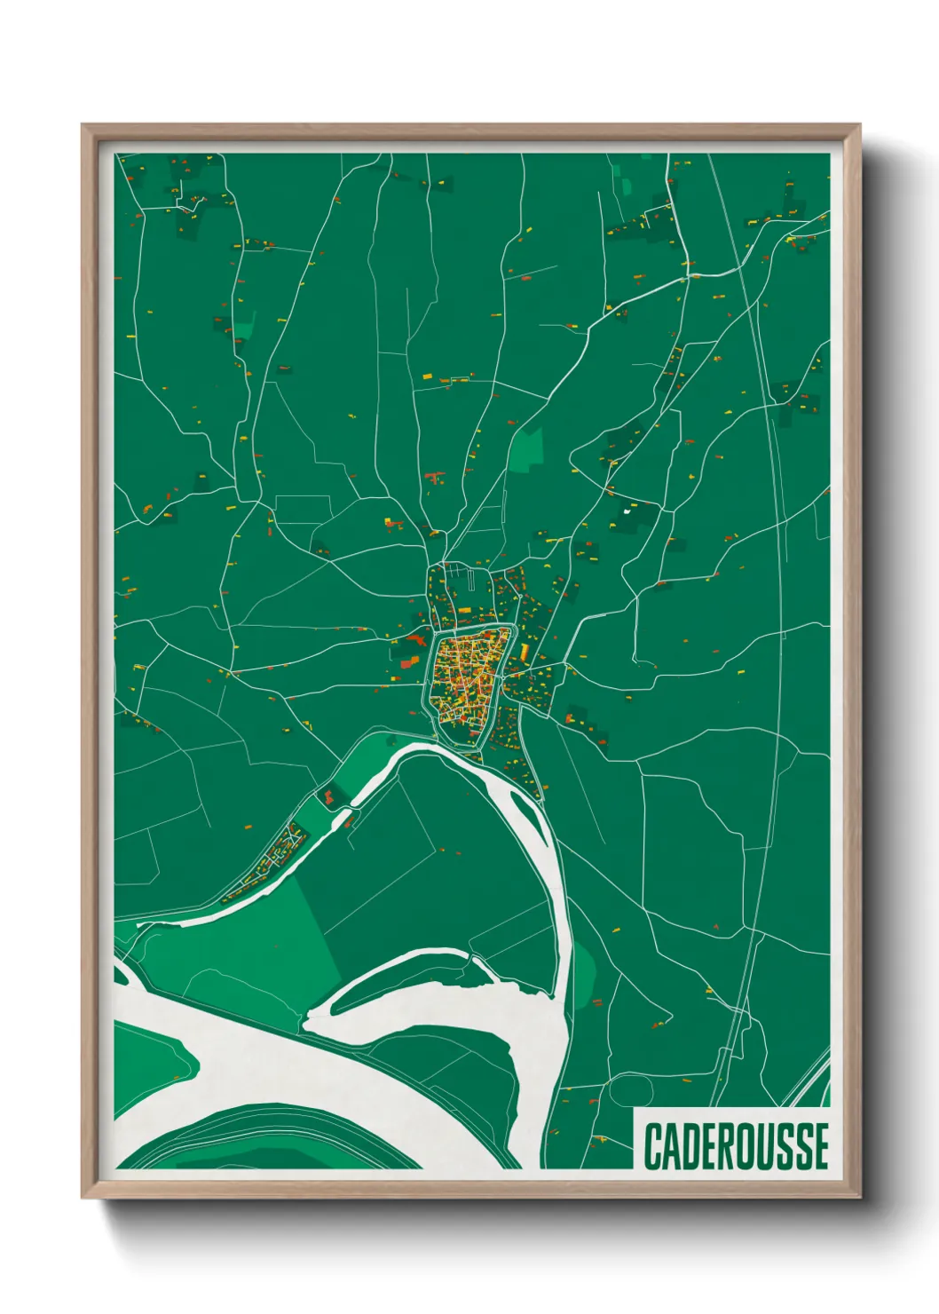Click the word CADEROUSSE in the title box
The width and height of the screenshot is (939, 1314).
coord(736,1146)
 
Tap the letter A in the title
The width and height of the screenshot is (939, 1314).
coord(671,1146)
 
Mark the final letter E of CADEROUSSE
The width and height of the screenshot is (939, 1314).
coord(820,1146)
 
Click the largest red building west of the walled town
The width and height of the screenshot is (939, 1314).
coord(409,656)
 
